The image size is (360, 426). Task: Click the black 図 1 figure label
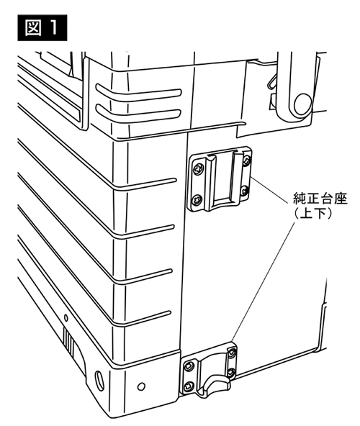click(x=42, y=28)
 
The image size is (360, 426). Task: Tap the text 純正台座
click(x=320, y=199)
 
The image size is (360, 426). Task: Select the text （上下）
click(x=313, y=213)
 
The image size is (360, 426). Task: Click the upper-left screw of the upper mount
click(x=197, y=170)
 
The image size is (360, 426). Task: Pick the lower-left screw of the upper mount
click(x=197, y=201)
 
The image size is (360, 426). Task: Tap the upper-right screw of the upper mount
click(x=246, y=161)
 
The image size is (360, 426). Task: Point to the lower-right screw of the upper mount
click(x=246, y=191)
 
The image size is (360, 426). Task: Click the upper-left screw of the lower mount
click(x=189, y=367)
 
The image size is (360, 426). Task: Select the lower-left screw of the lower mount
click(x=188, y=386)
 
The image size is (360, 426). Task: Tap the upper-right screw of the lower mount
click(x=232, y=353)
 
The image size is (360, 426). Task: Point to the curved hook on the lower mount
click(x=217, y=383)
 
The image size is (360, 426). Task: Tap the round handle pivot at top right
click(x=302, y=104)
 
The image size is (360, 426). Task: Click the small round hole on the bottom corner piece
click(x=141, y=386)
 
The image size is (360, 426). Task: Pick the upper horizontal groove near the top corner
click(x=138, y=93)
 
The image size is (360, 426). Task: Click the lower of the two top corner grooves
click(x=138, y=113)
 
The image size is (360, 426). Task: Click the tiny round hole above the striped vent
click(x=66, y=317)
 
